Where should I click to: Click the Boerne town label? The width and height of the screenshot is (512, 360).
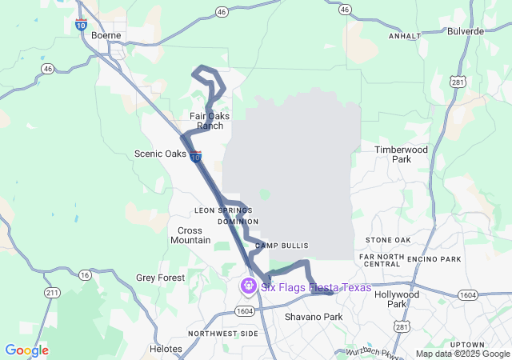click(106, 35)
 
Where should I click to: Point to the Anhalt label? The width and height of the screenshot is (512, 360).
click(404, 36)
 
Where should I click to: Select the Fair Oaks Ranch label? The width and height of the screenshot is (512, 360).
click(210, 121)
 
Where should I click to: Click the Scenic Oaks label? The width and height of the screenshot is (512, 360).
click(160, 154)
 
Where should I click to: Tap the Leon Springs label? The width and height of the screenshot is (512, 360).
click(223, 210)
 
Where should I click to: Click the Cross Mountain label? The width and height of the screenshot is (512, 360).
click(190, 235)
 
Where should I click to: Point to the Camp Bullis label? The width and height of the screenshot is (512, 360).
click(282, 246)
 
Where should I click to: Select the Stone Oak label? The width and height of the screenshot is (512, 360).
click(388, 240)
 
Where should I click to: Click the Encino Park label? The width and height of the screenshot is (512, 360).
click(434, 259)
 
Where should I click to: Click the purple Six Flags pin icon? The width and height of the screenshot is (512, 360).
click(250, 286)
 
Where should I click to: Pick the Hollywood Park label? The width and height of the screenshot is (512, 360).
click(397, 298)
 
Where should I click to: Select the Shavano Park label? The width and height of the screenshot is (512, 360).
click(314, 317)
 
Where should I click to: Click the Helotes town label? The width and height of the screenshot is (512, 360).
click(166, 349)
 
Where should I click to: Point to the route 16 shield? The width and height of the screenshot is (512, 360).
click(85, 274)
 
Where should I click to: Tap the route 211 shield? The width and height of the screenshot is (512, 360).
click(52, 294)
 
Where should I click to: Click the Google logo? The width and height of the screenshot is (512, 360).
click(26, 350)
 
